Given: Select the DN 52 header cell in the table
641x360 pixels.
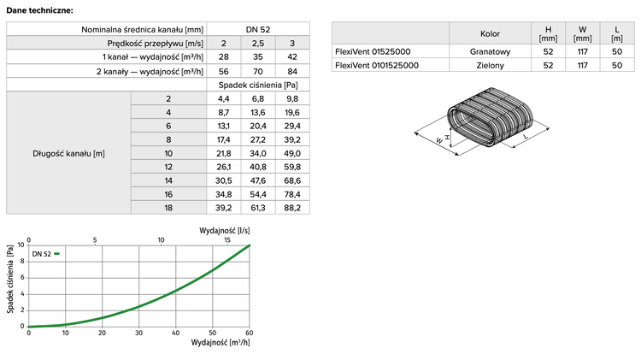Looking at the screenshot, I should pos(258,29).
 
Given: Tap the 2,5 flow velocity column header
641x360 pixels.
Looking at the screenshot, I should pos(258,43).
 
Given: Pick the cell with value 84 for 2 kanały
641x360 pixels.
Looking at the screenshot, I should pos(292,71).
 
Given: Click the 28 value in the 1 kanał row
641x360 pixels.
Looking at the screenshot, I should pos(224,57).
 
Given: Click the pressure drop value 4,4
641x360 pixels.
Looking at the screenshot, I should pos(224,99).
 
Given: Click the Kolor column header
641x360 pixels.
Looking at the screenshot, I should pos(491,35).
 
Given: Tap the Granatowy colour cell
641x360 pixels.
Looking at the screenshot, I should pos(491,51).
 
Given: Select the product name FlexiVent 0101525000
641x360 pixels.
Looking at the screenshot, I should pos(377,65).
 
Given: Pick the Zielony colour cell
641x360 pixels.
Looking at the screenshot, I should pos(491,65).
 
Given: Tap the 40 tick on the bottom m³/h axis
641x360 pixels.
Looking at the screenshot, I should pos(175,333).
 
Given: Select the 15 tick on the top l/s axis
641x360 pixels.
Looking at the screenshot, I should pos(226,240).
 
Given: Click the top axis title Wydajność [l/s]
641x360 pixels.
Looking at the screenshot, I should pos(225,231).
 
